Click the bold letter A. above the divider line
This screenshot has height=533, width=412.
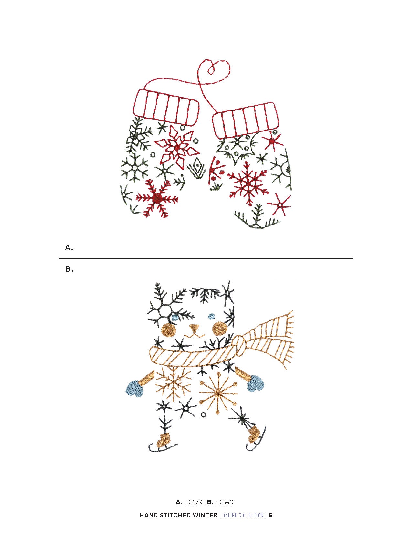point(69,248)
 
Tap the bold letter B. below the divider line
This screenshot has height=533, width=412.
point(69,269)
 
